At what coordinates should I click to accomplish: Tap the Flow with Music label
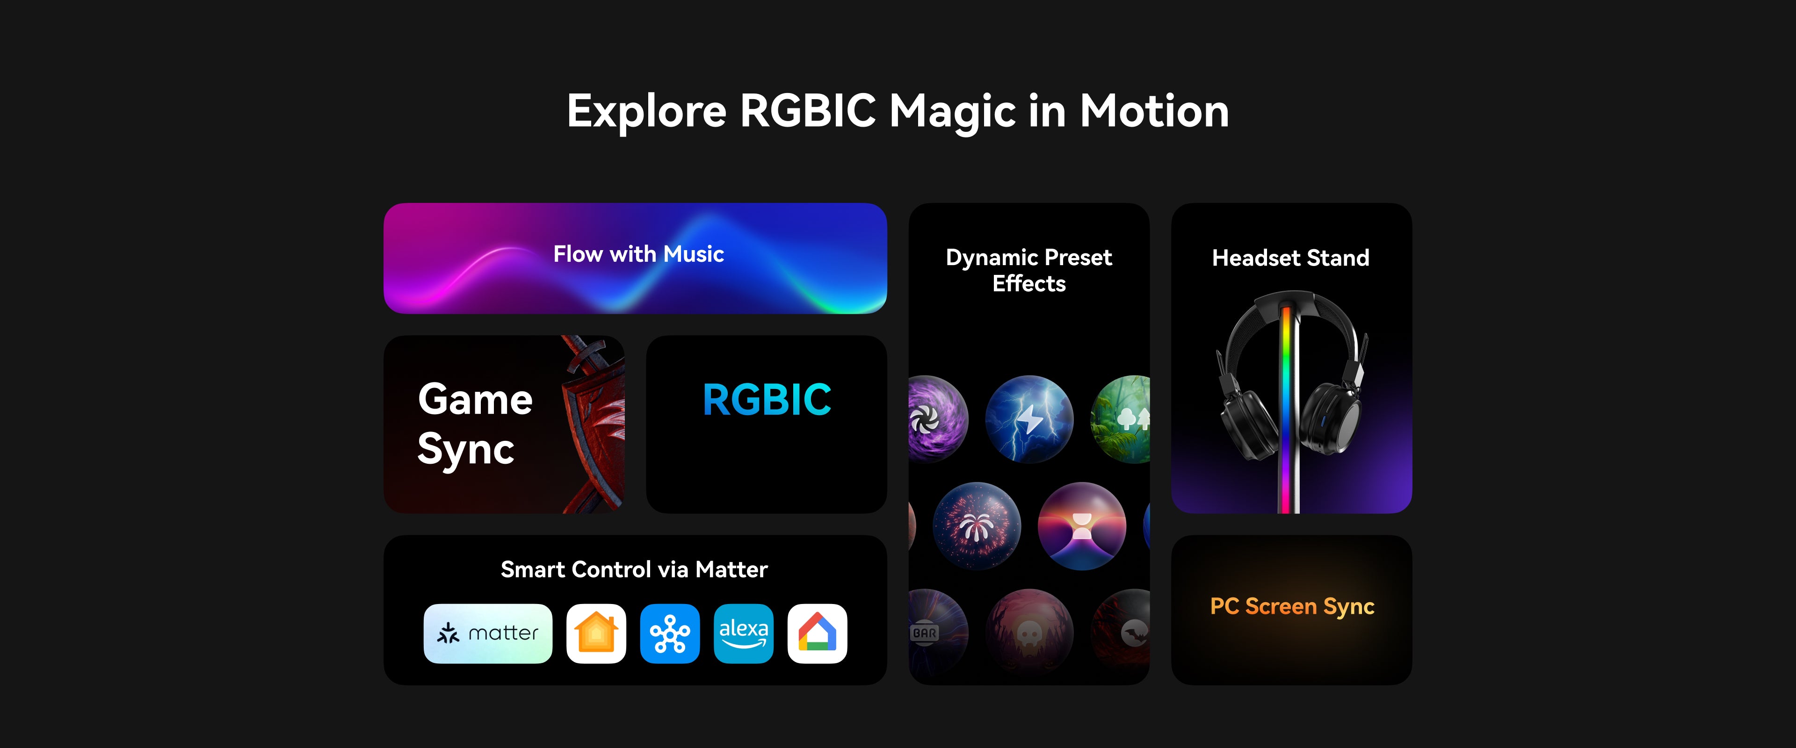638,254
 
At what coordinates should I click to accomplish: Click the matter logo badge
488,633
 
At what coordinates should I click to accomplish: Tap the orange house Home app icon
596,633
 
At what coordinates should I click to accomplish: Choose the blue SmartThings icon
670,633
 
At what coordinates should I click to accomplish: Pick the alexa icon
743,633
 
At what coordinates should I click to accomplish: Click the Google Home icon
817,633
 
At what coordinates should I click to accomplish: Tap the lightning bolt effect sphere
1029,419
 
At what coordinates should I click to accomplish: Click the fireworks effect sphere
977,525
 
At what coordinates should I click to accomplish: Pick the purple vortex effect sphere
938,419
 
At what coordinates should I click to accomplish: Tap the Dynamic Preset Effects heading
1029,271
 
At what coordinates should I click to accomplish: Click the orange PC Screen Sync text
1292,606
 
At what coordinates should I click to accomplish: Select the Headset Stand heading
1290,258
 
